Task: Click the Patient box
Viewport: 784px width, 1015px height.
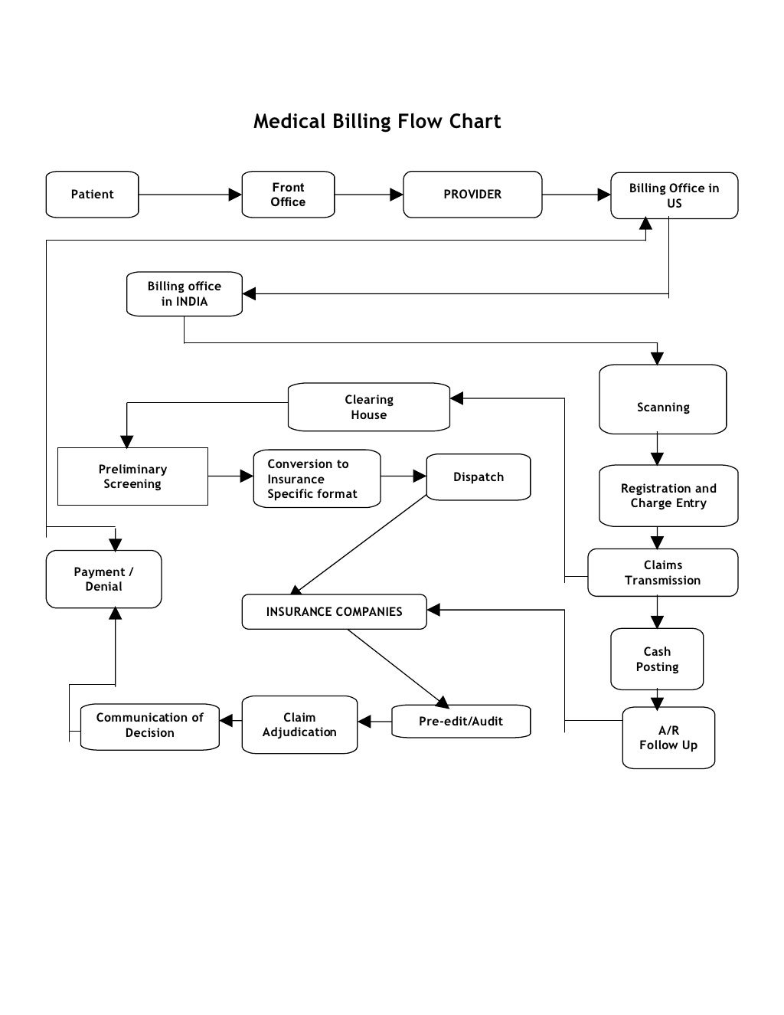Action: click(x=92, y=195)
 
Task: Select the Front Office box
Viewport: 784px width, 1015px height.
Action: click(x=288, y=195)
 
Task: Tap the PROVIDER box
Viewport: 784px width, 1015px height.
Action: click(x=472, y=195)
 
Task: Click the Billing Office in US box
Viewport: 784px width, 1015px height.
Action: click(x=674, y=195)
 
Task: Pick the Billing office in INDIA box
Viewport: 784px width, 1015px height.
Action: click(x=184, y=293)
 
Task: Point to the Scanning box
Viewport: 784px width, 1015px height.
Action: click(x=662, y=399)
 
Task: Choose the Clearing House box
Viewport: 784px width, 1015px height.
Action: click(x=368, y=407)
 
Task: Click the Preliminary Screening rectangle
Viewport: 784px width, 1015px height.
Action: click(x=132, y=476)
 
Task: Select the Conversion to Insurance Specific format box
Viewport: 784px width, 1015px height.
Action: click(x=316, y=479)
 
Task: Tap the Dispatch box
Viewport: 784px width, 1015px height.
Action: click(x=478, y=476)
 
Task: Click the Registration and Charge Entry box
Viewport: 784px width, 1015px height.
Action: click(x=668, y=496)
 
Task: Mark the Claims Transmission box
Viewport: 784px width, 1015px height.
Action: click(x=662, y=572)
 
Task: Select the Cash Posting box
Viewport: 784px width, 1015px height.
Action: click(x=656, y=659)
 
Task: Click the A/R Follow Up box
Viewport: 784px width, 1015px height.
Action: click(x=668, y=738)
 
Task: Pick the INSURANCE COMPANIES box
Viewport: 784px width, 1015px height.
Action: click(x=334, y=611)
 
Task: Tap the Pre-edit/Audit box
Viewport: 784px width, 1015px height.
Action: click(x=460, y=721)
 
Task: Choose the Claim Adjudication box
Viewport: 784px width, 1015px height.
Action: click(x=299, y=725)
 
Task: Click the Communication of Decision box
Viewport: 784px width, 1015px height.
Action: click(x=149, y=725)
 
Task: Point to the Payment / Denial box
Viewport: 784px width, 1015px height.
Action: click(x=103, y=579)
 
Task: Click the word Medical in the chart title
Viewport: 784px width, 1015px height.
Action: click(x=289, y=121)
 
